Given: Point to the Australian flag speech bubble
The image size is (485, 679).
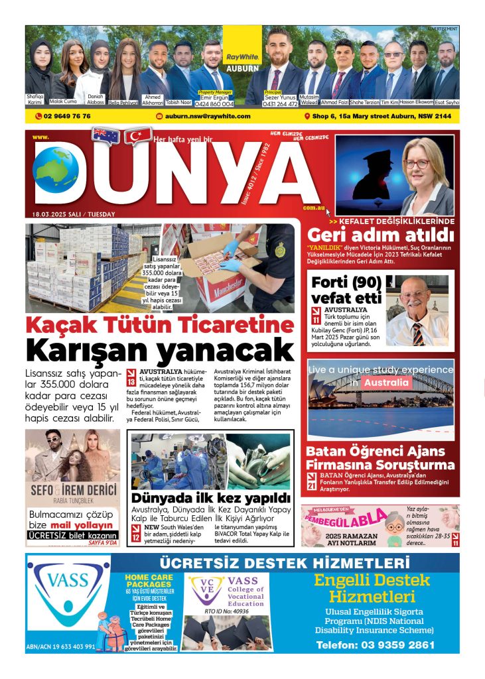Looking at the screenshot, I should [106, 135].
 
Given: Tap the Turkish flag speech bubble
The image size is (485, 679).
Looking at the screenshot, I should [138, 136].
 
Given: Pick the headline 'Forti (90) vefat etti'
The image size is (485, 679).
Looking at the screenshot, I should [346, 289].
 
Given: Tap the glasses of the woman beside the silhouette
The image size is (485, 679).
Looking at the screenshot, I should [417, 164].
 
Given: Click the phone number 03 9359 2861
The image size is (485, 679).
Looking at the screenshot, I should [375, 645].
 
